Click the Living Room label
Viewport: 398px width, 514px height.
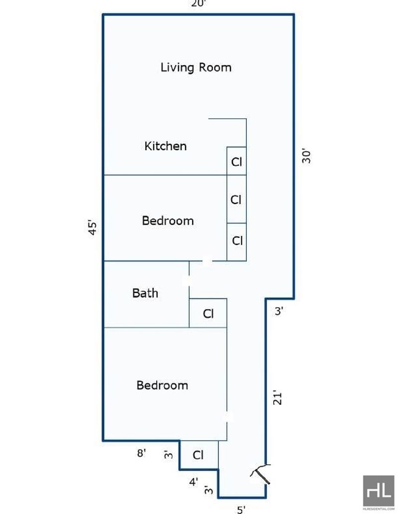(x=196, y=68)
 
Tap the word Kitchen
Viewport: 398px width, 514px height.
(x=166, y=146)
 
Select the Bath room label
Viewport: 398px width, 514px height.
(x=145, y=293)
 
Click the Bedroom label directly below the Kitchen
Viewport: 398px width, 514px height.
(x=168, y=220)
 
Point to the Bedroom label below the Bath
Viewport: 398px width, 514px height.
(x=162, y=385)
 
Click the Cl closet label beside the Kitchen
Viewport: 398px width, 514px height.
(x=236, y=161)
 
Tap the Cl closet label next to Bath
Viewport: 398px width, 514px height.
(x=208, y=314)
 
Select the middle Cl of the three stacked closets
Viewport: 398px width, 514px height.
(x=236, y=199)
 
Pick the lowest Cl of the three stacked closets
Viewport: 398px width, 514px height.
(x=237, y=240)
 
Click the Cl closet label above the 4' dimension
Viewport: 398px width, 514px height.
(x=198, y=455)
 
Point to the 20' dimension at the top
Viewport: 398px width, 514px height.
(x=199, y=3)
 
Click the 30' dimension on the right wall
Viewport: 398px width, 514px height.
(x=306, y=157)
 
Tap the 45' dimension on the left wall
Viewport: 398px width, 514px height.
(x=93, y=228)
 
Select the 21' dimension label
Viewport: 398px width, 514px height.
(x=278, y=398)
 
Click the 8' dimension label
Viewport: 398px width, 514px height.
(x=141, y=453)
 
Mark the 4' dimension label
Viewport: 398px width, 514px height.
(x=194, y=482)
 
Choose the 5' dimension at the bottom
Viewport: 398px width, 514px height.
(x=241, y=510)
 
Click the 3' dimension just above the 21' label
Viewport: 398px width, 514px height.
(x=279, y=311)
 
